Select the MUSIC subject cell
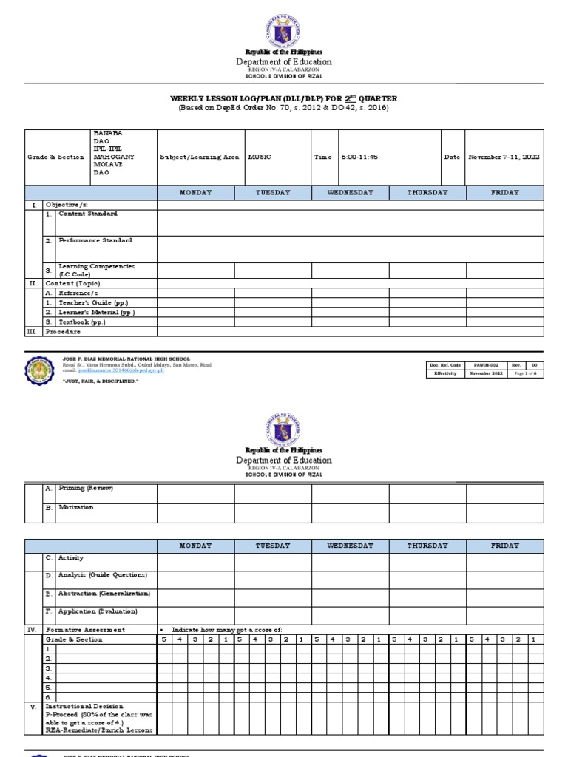tap(260, 157)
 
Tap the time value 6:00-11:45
tap(359, 157)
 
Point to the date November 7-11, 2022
tap(503, 157)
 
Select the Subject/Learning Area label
tap(200, 157)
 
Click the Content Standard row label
tap(87, 214)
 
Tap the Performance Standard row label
tap(95, 240)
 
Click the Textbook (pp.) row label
tap(82, 322)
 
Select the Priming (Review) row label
tap(86, 488)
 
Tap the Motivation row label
tap(76, 508)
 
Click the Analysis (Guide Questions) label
tap(103, 574)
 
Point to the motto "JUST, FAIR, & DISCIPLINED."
tap(101, 380)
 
